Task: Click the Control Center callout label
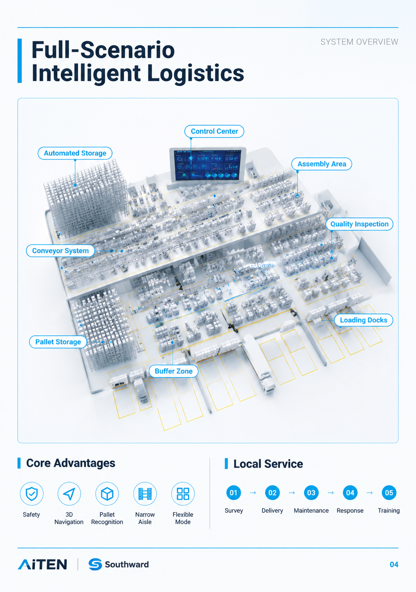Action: (214, 131)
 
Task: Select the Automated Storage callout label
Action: (75, 153)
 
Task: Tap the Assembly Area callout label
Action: (321, 164)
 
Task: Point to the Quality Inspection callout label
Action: (359, 224)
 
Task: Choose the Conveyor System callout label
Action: (61, 251)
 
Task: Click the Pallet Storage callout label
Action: (58, 342)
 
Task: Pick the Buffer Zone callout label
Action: (174, 371)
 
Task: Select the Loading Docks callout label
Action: (363, 320)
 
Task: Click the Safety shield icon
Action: (32, 494)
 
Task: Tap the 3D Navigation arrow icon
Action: (69, 494)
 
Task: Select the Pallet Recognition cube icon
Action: (107, 494)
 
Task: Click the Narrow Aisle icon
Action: (145, 494)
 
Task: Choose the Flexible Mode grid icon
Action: (183, 494)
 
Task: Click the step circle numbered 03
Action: (311, 493)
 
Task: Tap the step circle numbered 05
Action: (389, 493)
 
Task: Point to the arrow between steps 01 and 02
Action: (253, 493)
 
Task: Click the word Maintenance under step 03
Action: (311, 510)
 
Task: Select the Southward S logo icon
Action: (95, 564)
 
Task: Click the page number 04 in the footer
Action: (394, 565)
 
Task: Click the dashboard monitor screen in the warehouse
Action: (208, 165)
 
